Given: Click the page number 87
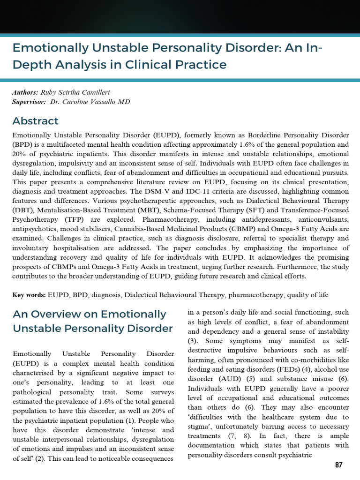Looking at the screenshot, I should (338, 465).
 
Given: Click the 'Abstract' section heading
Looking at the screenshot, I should (36, 121).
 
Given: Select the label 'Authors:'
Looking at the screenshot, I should (25, 92).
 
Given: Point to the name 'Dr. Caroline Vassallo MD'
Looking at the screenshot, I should (90, 102).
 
